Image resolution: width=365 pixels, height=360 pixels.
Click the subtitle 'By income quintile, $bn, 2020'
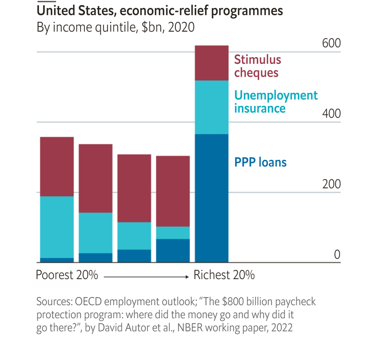click(116, 27)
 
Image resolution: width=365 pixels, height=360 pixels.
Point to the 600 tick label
click(331, 43)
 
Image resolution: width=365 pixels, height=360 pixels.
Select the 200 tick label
click(331, 184)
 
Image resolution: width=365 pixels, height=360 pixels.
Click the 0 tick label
click(337, 254)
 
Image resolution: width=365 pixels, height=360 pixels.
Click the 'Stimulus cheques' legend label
click(258, 66)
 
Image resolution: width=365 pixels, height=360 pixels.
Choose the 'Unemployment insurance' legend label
click(276, 101)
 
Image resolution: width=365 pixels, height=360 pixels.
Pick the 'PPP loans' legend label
click(260, 162)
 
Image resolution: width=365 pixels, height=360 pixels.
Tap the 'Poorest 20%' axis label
click(67, 276)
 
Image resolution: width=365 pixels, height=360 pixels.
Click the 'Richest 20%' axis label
click(224, 276)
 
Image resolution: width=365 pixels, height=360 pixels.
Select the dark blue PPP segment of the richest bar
click(212, 198)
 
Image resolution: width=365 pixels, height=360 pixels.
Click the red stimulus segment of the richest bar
click(212, 63)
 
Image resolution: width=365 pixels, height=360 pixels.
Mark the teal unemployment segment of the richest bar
click(212, 107)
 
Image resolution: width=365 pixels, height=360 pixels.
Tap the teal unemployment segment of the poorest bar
click(57, 227)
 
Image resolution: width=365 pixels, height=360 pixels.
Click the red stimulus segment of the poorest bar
click(57, 167)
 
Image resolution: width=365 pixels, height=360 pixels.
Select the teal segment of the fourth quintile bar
click(173, 233)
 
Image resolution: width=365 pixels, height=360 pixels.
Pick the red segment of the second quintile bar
click(95, 178)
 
